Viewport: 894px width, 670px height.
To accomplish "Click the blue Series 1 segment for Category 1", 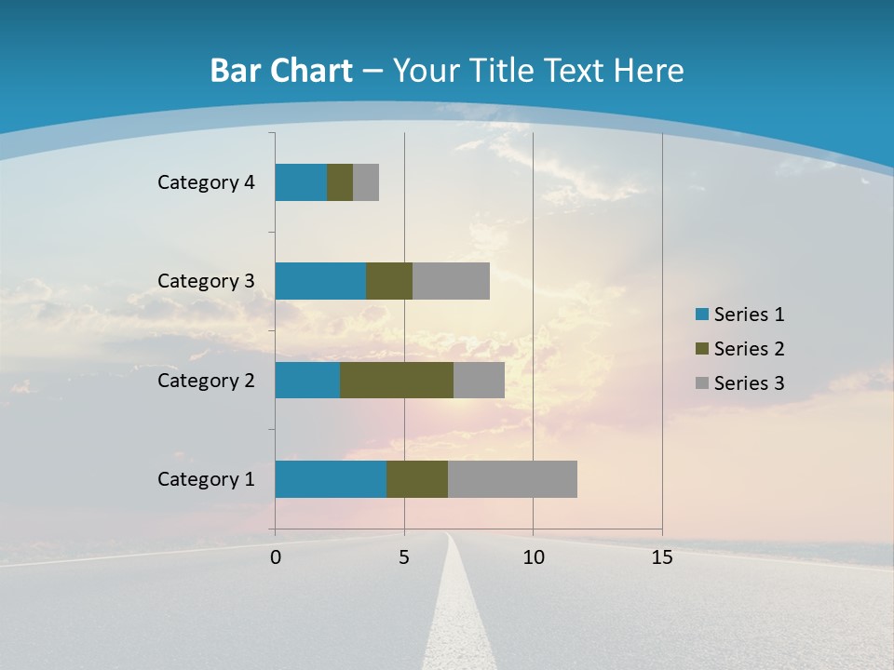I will [x=331, y=479].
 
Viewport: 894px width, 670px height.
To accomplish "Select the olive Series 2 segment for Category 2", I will [x=397, y=380].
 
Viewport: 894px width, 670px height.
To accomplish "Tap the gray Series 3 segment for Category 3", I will [x=451, y=281].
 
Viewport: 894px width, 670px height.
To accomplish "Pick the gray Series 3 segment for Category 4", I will [x=366, y=182].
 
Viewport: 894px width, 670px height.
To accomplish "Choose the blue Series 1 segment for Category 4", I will [x=301, y=182].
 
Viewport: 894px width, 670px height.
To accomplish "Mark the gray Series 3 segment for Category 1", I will [x=512, y=479].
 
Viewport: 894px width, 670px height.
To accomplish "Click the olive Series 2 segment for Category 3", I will [x=389, y=281].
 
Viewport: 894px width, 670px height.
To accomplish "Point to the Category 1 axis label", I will [x=206, y=479].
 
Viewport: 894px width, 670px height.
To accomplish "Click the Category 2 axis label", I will [x=206, y=380].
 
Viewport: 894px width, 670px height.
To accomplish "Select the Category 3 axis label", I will [x=206, y=281].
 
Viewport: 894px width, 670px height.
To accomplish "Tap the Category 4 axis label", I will [x=206, y=182].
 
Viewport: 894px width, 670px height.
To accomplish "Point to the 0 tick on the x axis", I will [x=276, y=557].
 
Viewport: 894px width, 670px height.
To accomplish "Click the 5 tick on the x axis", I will [x=404, y=557].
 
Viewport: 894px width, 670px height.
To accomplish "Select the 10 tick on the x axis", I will [x=533, y=557].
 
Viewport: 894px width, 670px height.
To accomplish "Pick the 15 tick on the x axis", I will [x=662, y=557].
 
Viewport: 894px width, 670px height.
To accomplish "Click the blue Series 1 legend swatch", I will [x=702, y=315].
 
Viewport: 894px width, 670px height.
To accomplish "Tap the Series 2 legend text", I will [x=749, y=349].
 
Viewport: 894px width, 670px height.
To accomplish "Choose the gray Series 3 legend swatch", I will [x=702, y=383].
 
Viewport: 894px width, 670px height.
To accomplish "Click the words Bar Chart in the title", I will [x=281, y=71].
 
